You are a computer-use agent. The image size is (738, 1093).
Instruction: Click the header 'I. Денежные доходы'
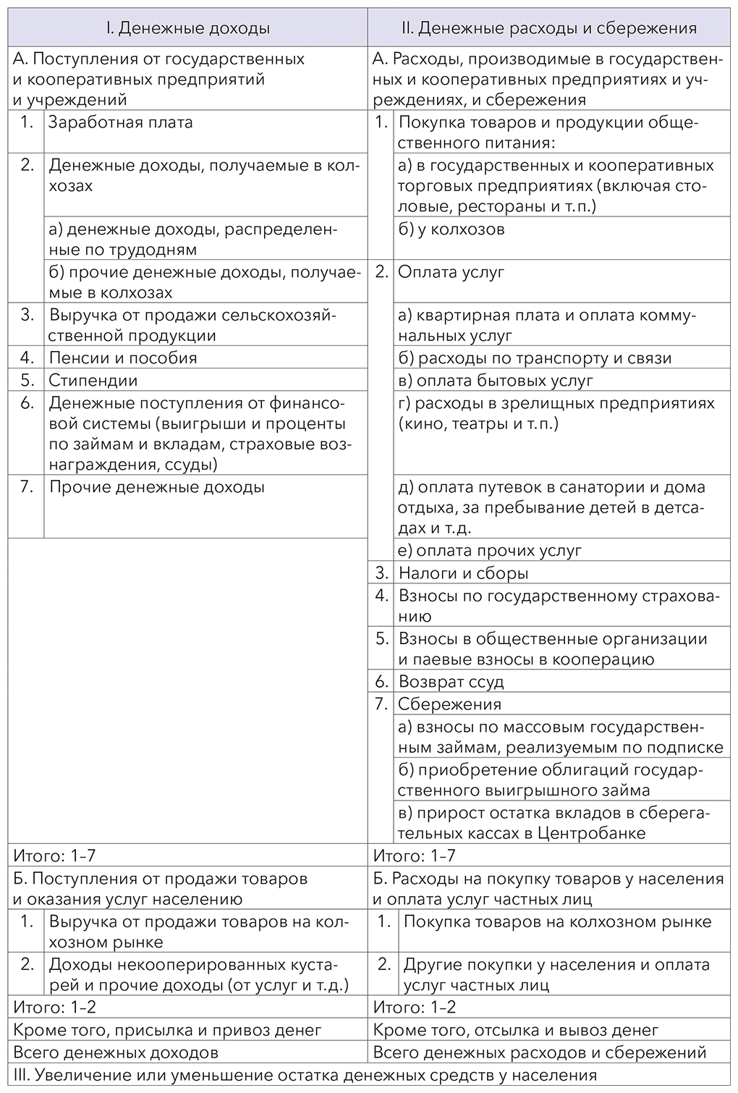[x=187, y=28]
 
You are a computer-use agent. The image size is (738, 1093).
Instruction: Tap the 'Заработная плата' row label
[x=121, y=122]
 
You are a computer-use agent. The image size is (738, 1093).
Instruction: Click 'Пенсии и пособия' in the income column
[x=123, y=358]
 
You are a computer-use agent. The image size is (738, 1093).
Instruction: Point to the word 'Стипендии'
[x=93, y=380]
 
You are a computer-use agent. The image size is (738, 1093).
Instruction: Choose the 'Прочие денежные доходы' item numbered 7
[x=156, y=487]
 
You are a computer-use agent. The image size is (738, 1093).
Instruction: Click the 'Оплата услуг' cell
[x=451, y=272]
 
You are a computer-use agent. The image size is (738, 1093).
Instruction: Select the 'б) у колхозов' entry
[x=451, y=229]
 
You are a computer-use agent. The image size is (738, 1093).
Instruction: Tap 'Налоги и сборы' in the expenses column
[x=463, y=573]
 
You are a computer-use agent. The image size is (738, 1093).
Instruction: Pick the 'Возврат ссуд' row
[x=451, y=681]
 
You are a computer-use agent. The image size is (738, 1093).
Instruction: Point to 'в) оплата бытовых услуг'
[x=496, y=380]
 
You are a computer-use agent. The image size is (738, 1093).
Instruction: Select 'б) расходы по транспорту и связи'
[x=535, y=358]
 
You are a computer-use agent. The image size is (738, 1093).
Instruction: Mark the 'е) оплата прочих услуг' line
[x=490, y=551]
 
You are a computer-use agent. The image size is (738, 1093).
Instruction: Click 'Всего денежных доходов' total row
[x=116, y=1052]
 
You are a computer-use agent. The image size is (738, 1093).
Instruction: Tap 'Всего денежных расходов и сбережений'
[x=539, y=1052]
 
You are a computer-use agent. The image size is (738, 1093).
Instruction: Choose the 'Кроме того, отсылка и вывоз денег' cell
[x=515, y=1029]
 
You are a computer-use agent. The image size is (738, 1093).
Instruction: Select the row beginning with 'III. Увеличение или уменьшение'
[x=305, y=1075]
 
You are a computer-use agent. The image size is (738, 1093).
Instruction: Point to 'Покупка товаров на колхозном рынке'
[x=557, y=922]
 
